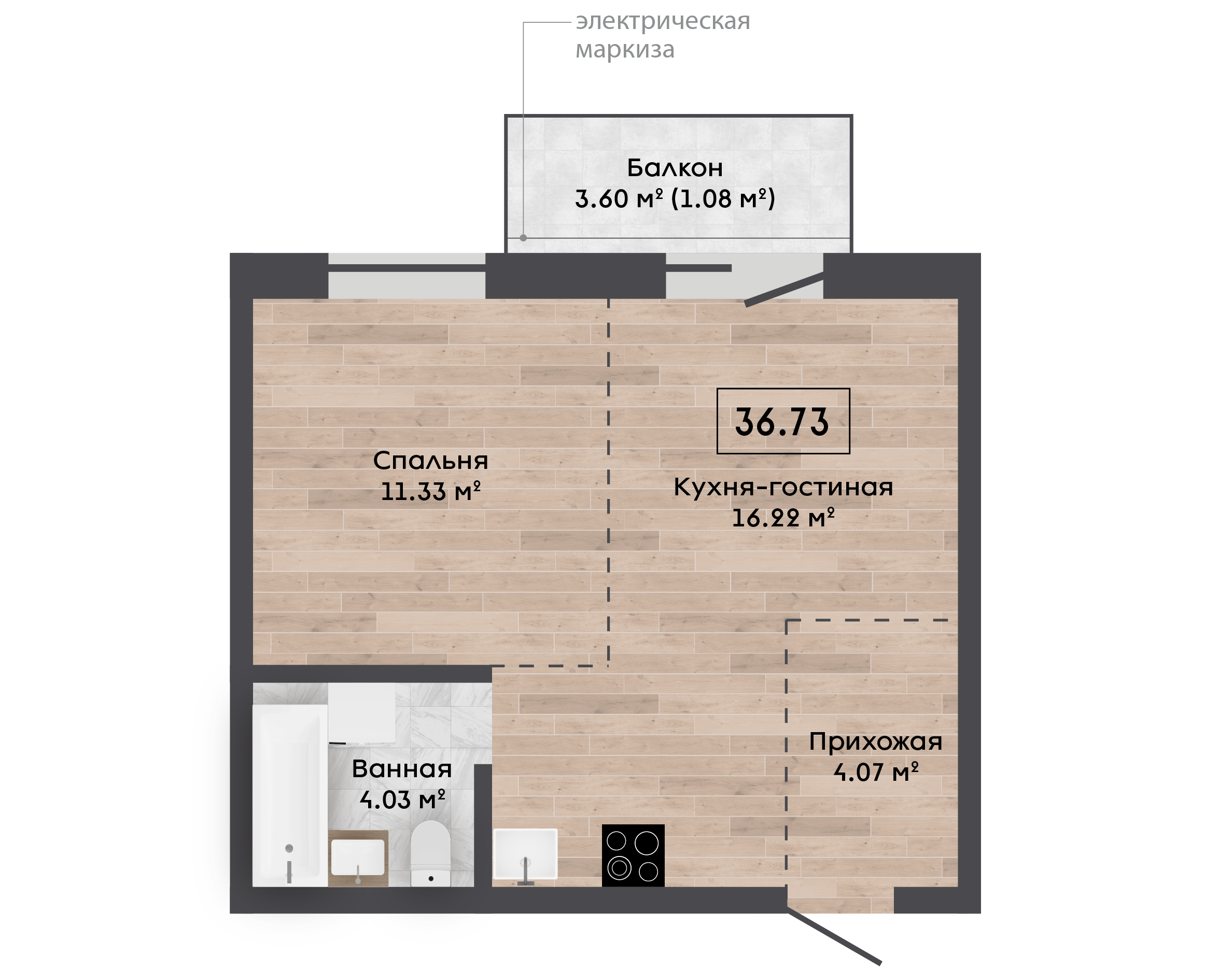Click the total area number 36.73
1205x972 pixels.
point(782,422)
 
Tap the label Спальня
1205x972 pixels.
point(430,461)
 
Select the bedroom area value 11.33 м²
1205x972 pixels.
point(430,491)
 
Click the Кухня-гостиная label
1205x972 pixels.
point(783,487)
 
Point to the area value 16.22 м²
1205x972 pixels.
point(783,518)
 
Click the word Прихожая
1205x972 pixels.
point(876,742)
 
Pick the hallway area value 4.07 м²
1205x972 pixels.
point(876,772)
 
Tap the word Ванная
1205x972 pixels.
point(402,769)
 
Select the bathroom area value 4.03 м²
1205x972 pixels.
point(402,799)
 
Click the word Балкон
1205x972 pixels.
point(675,168)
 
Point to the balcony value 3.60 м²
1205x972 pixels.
point(619,199)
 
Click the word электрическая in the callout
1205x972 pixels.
point(663,21)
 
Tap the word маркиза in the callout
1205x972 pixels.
point(625,50)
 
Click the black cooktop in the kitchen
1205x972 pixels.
point(633,855)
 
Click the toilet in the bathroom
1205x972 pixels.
point(430,853)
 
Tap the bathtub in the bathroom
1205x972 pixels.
point(290,796)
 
